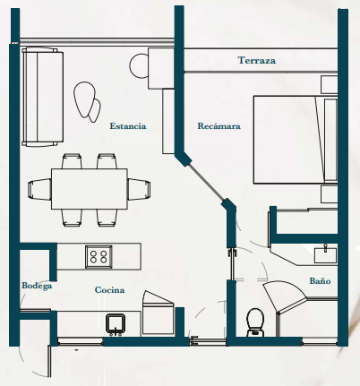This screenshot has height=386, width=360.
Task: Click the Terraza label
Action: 257,60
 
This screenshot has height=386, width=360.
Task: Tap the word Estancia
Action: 128,126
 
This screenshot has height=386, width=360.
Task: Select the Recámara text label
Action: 219,126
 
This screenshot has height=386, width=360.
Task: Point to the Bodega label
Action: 37,286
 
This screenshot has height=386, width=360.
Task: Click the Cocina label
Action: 109,290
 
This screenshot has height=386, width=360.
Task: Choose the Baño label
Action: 320,281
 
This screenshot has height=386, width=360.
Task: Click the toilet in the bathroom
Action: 255,322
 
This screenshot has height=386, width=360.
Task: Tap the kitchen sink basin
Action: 116,324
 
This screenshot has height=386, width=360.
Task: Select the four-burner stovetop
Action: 99,257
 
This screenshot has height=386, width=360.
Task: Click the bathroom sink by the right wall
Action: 325,254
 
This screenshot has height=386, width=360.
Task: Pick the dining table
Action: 90,189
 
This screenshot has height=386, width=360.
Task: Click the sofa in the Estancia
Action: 42,97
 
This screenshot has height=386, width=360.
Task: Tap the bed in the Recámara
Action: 296,139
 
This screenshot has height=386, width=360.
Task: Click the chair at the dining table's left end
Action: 39,189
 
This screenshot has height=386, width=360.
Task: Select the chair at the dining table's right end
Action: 139,189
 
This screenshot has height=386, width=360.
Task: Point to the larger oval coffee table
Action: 84,99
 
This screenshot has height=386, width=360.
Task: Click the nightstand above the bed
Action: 329,84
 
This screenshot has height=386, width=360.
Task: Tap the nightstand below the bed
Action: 329,194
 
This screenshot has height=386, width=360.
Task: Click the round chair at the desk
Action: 139,65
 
